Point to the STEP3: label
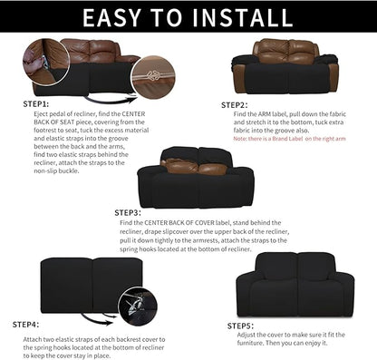pyautogui.click(x=129, y=212)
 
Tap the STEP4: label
pyautogui.click(x=26, y=323)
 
